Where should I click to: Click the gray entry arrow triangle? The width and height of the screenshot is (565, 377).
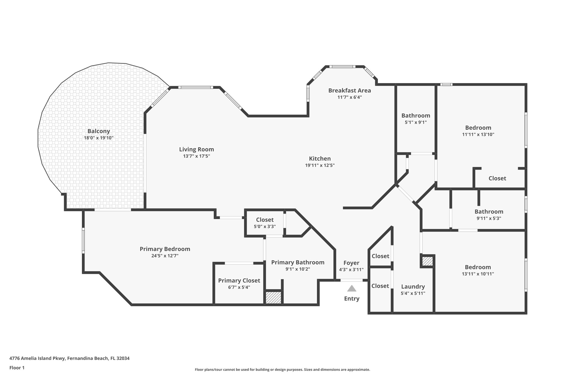351,289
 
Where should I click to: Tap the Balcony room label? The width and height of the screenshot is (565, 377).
99,131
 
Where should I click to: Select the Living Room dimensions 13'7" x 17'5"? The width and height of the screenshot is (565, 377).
196,156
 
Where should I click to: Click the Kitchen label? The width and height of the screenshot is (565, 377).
320,159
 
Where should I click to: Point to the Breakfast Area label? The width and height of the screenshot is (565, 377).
350,90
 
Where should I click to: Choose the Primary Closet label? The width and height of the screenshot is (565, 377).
239,281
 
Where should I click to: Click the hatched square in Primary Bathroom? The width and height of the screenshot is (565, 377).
273,297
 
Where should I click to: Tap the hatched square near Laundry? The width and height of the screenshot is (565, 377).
427,261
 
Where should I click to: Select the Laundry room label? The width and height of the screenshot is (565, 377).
413,286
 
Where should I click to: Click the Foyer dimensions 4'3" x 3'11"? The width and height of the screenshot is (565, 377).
351,270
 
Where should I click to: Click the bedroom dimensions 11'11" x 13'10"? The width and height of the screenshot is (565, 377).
478,135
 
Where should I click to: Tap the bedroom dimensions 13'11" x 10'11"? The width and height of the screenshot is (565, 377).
478,274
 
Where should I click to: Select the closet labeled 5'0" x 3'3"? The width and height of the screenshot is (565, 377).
265,226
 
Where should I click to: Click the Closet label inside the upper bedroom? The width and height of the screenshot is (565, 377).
497,178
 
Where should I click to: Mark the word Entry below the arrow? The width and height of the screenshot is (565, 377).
351,299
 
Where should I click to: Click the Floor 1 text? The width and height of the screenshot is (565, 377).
17,368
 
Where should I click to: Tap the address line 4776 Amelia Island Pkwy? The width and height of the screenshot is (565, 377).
69,358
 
